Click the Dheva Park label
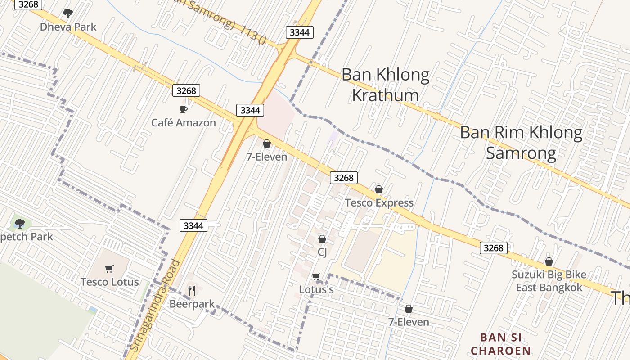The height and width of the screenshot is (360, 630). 68,27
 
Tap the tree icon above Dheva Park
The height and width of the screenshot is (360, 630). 68,13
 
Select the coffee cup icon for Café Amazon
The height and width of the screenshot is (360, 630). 183,109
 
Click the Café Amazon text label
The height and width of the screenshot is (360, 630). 184,122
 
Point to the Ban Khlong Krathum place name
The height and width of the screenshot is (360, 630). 386,85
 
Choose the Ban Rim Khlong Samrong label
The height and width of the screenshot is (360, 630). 521,143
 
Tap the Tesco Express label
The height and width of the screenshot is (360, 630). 379,203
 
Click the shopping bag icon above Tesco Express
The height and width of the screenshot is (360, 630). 379,190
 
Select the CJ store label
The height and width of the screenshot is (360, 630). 322,252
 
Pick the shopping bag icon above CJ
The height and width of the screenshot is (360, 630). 322,239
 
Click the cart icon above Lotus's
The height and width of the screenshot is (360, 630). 316,276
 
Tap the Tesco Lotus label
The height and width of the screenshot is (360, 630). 109,282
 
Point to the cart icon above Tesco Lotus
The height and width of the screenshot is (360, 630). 109,269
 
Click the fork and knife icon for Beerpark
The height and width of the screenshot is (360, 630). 192,291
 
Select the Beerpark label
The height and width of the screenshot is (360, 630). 192,304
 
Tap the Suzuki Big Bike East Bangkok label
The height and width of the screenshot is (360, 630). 549,281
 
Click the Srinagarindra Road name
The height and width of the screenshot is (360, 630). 155,306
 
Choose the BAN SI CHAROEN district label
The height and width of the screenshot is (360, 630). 501,344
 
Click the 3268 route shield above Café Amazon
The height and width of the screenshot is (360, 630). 186,91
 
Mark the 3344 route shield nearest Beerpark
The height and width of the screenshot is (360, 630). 193,225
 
